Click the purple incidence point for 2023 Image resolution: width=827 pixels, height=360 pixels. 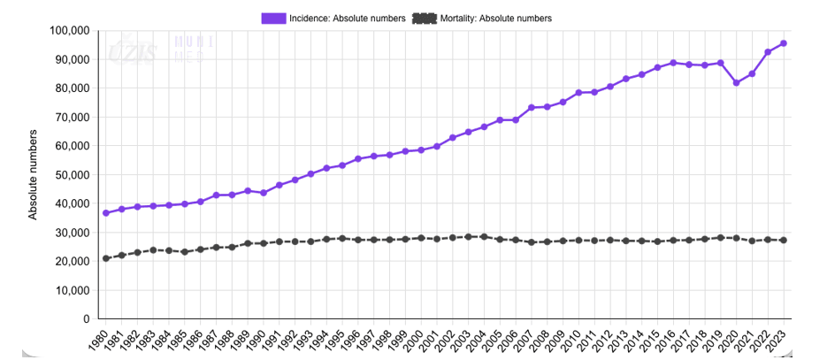coord(784,43)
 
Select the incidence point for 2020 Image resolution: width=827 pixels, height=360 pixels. coord(736,83)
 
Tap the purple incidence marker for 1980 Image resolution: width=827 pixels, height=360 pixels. coord(106,213)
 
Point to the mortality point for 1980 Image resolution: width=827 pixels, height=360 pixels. coord(106,258)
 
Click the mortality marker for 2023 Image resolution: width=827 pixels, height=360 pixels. coord(784,241)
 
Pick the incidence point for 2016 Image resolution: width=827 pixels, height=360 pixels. coord(673,63)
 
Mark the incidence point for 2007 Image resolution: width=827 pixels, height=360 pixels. coord(532,108)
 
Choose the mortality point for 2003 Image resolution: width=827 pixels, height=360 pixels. coord(469,237)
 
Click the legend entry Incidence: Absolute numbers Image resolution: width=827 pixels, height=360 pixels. coord(348,18)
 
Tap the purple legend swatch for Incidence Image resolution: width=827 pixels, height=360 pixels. coord(273,18)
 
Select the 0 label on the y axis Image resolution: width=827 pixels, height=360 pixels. coord(86,319)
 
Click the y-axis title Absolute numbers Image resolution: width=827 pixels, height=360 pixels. coord(34,174)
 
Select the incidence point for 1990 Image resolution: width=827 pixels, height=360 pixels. coord(264,193)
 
